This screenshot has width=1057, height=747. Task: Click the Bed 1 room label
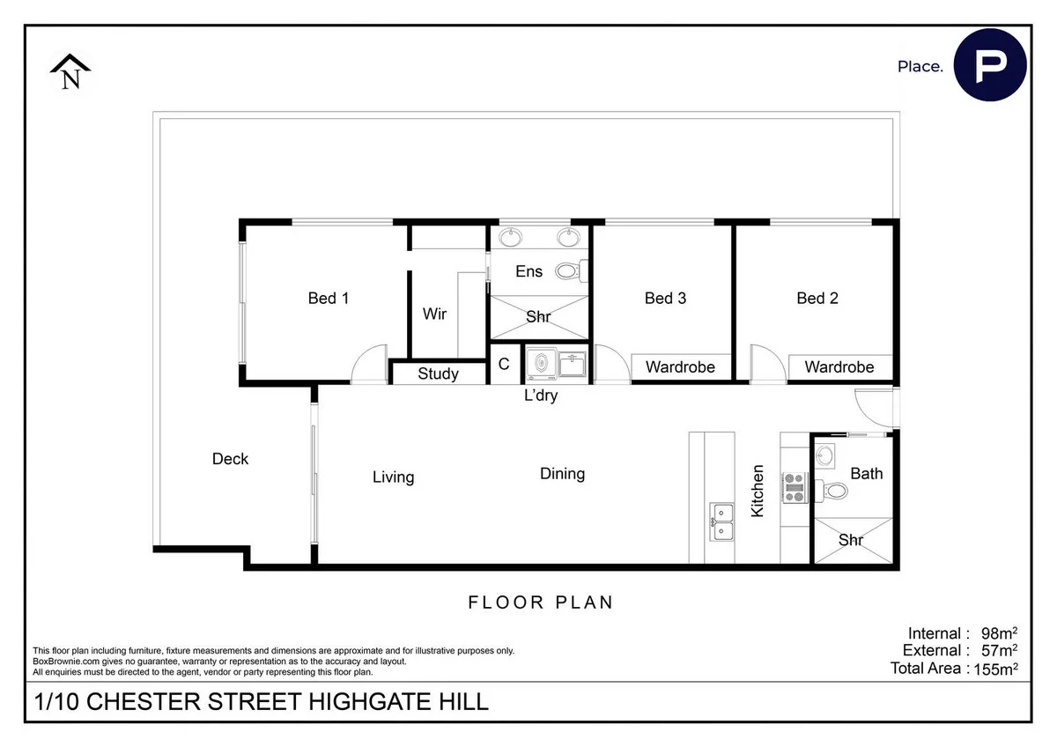329,299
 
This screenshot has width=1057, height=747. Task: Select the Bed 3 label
665,299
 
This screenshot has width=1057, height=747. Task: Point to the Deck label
231,459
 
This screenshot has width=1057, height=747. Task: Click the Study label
438,373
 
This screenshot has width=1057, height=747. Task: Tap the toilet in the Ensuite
568,271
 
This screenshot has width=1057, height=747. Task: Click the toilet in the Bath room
832,489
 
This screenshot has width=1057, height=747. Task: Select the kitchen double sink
723,521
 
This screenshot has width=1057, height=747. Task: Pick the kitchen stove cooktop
795,487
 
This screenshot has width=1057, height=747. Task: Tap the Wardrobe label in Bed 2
839,366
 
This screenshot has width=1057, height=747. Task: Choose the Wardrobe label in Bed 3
680,366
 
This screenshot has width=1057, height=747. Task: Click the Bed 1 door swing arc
367,365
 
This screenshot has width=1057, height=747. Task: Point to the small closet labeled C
504,364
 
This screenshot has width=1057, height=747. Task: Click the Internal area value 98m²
999,633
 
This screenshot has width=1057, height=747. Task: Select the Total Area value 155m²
996,669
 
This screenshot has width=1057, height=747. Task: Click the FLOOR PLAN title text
540,603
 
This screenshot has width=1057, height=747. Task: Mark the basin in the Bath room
825,455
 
